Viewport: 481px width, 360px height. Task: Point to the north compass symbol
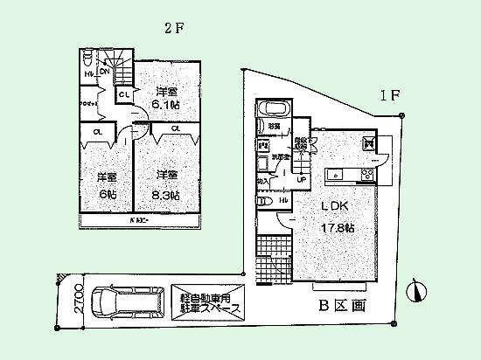coord(417,289)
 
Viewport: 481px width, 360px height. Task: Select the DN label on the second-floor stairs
coord(103,73)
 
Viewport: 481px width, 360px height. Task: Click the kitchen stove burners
coord(367,174)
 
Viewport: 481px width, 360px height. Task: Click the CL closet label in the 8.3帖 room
coord(175,128)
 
